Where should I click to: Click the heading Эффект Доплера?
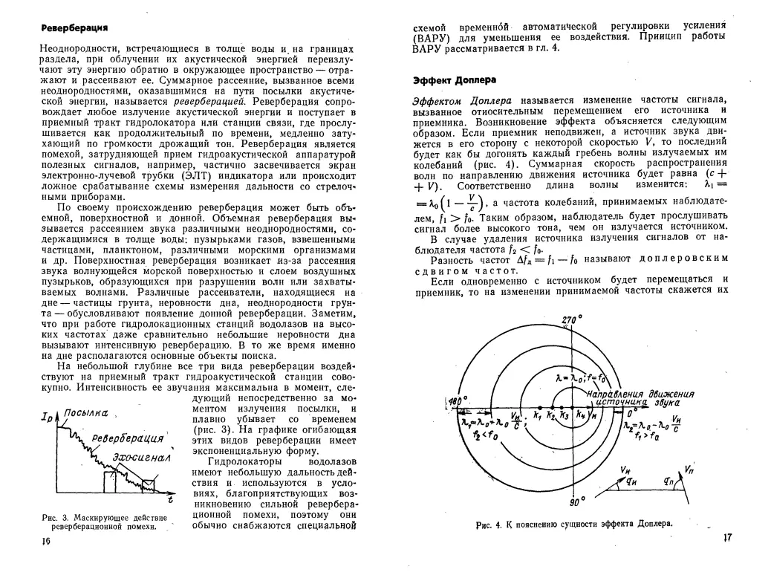[455, 79]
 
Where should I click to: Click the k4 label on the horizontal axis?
[580, 417]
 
